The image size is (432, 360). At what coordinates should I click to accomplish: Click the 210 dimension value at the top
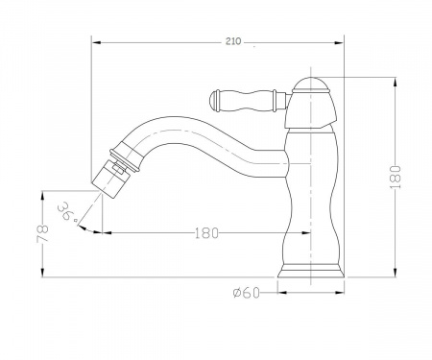point(233,41)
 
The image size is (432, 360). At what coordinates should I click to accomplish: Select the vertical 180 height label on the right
point(396,177)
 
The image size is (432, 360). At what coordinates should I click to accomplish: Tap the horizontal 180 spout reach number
point(206,233)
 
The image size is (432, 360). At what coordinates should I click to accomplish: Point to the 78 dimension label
point(42,234)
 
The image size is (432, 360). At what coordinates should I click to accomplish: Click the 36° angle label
point(68,211)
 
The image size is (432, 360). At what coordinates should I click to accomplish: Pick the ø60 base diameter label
point(247,292)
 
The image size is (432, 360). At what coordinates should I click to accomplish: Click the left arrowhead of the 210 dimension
point(97,42)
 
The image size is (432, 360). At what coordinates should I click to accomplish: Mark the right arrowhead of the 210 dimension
point(339,42)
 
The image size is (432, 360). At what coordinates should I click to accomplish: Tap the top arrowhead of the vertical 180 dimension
point(396,83)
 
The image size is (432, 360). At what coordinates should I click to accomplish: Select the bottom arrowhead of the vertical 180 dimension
point(396,273)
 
